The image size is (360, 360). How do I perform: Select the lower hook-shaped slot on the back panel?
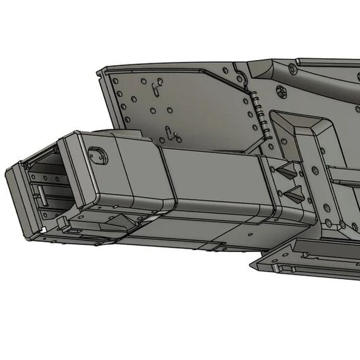click(169, 133)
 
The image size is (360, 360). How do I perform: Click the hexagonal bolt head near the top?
click(291, 67)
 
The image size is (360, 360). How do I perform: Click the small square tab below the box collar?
click(64, 222)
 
